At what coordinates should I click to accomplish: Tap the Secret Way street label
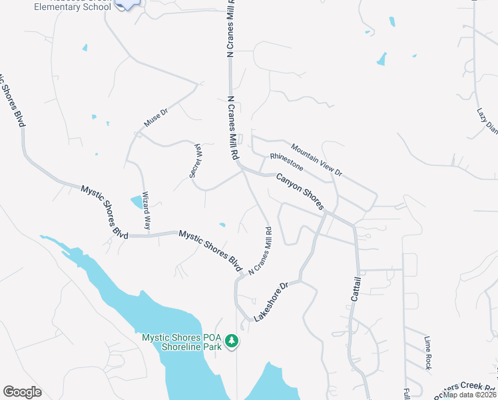pyautogui.click(x=196, y=159)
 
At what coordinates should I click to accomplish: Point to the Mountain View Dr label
pyautogui.click(x=316, y=160)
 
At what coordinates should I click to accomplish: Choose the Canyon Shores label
pyautogui.click(x=300, y=191)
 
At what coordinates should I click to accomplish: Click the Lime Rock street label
pyautogui.click(x=427, y=353)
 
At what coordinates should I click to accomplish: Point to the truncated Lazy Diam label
pyautogui.click(x=487, y=121)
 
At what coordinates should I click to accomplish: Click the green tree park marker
pyautogui.click(x=232, y=341)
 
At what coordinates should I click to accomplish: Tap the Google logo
pyautogui.click(x=22, y=392)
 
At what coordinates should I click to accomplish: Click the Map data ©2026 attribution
pyautogui.click(x=470, y=394)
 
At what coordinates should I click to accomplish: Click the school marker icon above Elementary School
pyautogui.click(x=126, y=4)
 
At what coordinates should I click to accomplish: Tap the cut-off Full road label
pyautogui.click(x=406, y=393)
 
